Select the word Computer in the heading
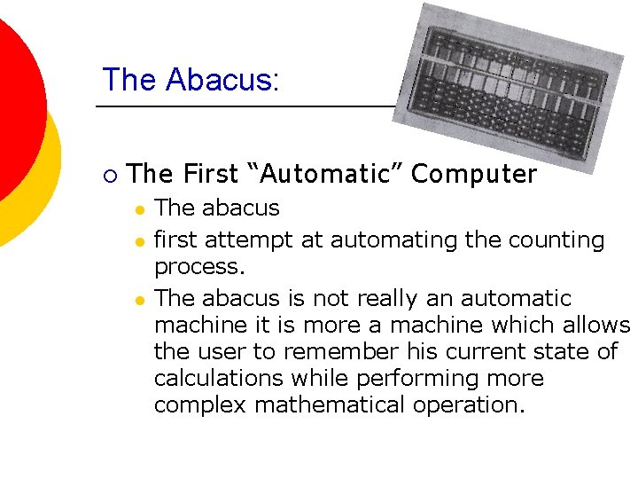[x=474, y=174]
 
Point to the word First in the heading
[x=211, y=174]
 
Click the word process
[x=197, y=267]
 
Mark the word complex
[x=200, y=405]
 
